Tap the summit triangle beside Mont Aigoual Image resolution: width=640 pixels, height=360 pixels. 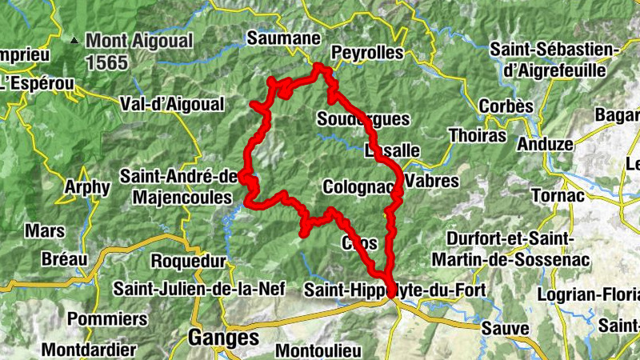coord(74,38)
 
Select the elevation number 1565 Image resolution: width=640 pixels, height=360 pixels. coord(107,62)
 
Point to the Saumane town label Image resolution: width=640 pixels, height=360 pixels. coord(283,38)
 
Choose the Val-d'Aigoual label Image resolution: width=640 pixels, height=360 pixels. coord(171,104)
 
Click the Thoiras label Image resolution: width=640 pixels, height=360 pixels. coord(478,135)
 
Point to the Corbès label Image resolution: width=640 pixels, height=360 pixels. coord(505,106)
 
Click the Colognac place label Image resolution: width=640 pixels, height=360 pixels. coord(359,186)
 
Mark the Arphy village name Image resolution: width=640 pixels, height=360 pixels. coord(87,187)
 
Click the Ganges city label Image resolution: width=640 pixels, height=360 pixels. coord(223,338)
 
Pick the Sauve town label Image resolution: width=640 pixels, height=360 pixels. coord(505,328)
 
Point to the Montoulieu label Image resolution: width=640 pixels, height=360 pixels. coord(318,350)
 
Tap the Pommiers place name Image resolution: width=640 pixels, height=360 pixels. coord(107,318)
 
